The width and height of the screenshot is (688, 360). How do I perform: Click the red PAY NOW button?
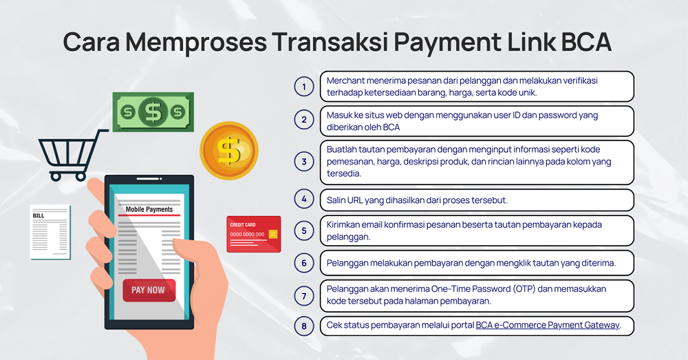click(x=149, y=290)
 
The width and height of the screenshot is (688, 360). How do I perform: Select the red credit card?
click(x=253, y=234)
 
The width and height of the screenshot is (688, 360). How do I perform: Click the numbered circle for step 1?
click(x=304, y=87)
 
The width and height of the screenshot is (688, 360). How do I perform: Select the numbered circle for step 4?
click(x=304, y=200)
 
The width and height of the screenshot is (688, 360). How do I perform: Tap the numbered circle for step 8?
click(x=304, y=326)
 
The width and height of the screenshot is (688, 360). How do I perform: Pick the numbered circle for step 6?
click(x=304, y=262)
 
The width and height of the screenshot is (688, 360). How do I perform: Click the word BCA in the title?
click(x=585, y=43)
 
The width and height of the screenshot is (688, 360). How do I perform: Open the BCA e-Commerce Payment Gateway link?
click(x=548, y=326)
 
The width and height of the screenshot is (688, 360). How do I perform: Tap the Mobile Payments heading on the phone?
click(x=149, y=209)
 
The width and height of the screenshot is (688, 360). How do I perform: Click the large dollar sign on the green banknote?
click(x=153, y=111)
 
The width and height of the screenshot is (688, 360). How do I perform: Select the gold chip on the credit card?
click(x=273, y=234)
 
